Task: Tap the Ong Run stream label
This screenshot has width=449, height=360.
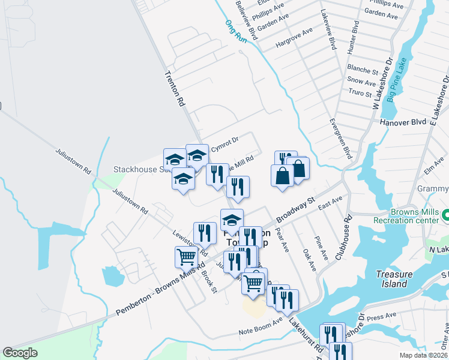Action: coord(236,31)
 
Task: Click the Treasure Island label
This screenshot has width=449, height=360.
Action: coord(394,279)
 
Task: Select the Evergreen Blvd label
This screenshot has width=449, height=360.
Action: coord(339,138)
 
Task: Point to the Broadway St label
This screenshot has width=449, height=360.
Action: coord(295,211)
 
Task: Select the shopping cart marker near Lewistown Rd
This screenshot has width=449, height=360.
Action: coord(186,257)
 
